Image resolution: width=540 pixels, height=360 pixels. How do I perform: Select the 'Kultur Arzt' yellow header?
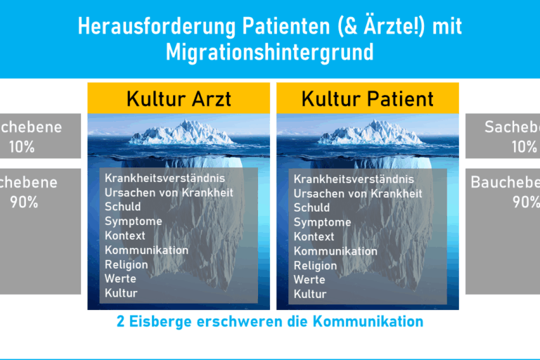(179, 98)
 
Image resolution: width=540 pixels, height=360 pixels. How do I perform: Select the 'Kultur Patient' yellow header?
(367, 98)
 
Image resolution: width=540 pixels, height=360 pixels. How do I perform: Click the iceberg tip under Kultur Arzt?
(179, 133)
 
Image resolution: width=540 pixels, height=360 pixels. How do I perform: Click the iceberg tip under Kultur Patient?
(367, 133)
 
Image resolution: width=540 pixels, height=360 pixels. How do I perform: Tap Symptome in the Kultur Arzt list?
(134, 221)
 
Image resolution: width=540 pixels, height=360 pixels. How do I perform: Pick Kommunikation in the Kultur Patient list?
(335, 251)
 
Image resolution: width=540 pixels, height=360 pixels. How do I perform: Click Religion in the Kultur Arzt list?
(127, 265)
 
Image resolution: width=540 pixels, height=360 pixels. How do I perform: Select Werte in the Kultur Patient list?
(309, 280)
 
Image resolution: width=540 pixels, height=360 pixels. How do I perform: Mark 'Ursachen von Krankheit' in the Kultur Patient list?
(358, 193)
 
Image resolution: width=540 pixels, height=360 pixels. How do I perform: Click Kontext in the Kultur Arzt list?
(125, 236)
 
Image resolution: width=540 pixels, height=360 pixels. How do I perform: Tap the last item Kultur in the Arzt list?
(121, 293)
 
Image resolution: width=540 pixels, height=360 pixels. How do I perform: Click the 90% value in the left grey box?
(24, 202)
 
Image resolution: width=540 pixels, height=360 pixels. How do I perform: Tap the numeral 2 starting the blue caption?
(121, 322)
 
